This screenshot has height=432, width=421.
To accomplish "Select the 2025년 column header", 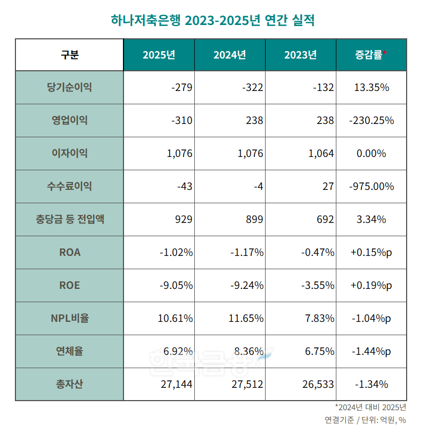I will pyautogui.click(x=159, y=55).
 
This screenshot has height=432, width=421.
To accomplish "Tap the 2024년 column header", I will pyautogui.click(x=229, y=55).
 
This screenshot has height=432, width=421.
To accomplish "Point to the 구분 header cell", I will pyautogui.click(x=69, y=55).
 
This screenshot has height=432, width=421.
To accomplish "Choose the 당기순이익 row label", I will pyautogui.click(x=69, y=87).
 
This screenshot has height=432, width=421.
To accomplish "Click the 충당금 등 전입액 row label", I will pyautogui.click(x=69, y=219).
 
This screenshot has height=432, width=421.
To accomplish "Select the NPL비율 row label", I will pyautogui.click(x=69, y=318).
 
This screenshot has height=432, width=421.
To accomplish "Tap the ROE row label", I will pyautogui.click(x=69, y=285).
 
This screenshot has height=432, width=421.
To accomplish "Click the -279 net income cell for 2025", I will pyautogui.click(x=181, y=87).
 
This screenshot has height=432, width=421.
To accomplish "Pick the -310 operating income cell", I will pyautogui.click(x=181, y=120).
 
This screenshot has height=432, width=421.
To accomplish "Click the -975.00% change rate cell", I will pyautogui.click(x=372, y=186).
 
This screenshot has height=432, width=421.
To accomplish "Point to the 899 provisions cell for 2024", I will pyautogui.click(x=253, y=219).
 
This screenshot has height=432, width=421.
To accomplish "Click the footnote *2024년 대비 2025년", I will pyautogui.click(x=370, y=408).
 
